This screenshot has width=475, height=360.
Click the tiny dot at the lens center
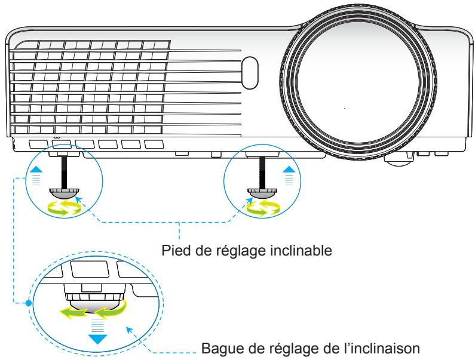click(x=345, y=108)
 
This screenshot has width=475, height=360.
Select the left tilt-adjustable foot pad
click(x=63, y=192)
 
